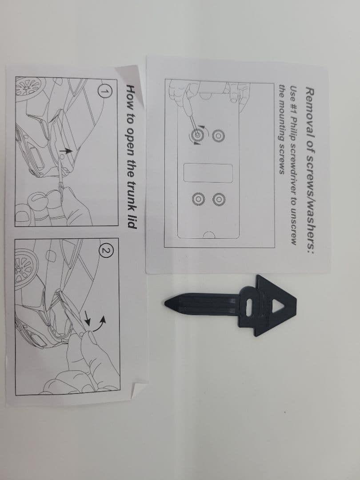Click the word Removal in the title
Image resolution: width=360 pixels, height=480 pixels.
click(x=310, y=108)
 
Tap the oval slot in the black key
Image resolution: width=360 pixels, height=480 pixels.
click(x=249, y=307)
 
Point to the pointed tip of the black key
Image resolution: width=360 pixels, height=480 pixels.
click(x=165, y=303)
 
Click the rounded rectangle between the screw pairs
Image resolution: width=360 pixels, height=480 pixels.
click(x=208, y=173)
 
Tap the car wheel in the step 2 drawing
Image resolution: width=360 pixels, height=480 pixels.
click(x=26, y=269)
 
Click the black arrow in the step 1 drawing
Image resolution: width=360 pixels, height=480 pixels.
click(x=66, y=151)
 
